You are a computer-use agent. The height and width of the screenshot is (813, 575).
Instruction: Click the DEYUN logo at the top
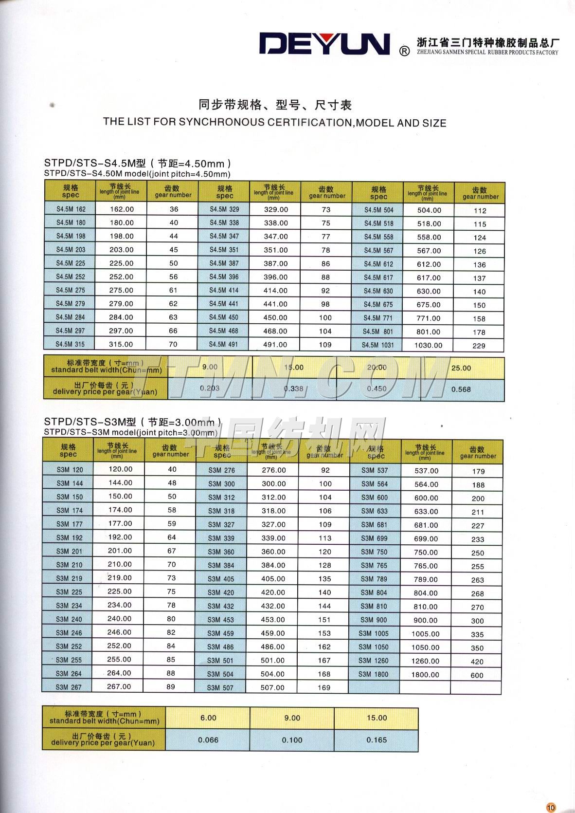click(x=325, y=44)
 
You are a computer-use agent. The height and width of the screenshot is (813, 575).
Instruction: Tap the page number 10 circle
click(x=551, y=807)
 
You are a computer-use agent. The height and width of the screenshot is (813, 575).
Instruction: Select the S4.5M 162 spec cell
click(x=71, y=209)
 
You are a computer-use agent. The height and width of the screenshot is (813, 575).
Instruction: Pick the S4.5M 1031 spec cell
click(x=378, y=345)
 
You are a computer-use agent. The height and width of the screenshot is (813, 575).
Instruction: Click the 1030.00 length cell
click(x=429, y=345)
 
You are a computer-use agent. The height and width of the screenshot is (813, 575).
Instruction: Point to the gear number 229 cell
click(x=479, y=346)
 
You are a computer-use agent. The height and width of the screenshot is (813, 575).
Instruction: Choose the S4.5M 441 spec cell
click(x=224, y=304)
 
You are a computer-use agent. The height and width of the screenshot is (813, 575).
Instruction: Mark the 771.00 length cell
click(x=429, y=318)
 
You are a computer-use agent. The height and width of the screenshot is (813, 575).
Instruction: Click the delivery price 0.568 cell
click(x=461, y=389)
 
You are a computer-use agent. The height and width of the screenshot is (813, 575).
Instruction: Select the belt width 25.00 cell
click(x=461, y=368)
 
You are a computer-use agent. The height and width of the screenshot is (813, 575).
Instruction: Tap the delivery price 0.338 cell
click(x=293, y=388)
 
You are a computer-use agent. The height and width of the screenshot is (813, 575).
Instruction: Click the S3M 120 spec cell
click(x=70, y=470)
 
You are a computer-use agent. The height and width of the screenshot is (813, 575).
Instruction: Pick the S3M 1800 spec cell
click(x=374, y=675)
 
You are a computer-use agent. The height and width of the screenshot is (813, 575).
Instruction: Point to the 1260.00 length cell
click(x=426, y=661)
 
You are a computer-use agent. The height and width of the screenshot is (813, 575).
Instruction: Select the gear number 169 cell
click(x=324, y=688)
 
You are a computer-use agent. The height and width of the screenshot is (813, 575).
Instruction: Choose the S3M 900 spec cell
click(x=374, y=620)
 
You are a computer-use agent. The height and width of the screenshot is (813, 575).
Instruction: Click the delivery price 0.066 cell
click(x=208, y=740)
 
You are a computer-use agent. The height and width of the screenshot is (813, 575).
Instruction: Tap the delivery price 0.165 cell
click(x=377, y=740)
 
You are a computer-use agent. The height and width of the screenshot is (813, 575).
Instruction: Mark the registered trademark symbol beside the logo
click(x=404, y=51)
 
